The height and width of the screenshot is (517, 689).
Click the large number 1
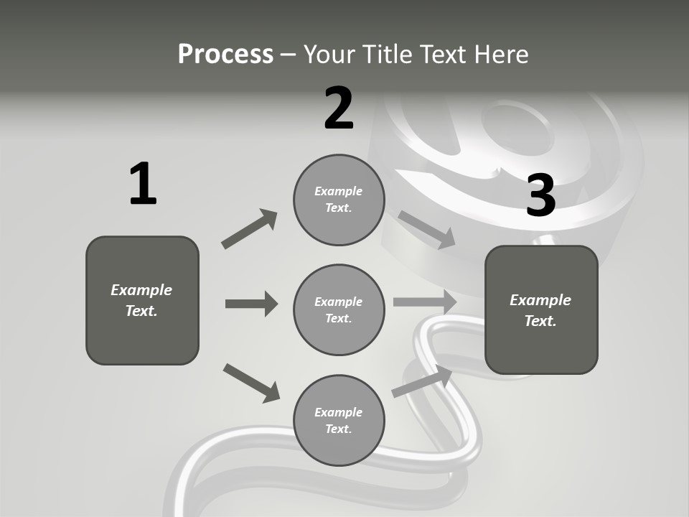tap(143, 184)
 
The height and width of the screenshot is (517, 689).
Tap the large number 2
tap(339, 108)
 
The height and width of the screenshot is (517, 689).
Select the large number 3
tap(540, 195)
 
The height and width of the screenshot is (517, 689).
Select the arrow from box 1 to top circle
tap(250, 229)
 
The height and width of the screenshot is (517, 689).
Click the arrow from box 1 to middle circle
tap(251, 304)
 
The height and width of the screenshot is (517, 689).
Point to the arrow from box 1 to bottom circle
tap(251, 382)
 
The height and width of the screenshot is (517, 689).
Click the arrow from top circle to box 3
tap(426, 230)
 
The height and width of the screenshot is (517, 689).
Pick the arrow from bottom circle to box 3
tap(422, 381)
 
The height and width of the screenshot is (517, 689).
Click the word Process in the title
tap(225, 54)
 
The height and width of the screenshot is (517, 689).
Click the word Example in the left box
tap(141, 290)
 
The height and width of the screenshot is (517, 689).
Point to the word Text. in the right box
tap(540, 321)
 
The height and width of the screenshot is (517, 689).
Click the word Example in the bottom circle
tap(338, 412)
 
